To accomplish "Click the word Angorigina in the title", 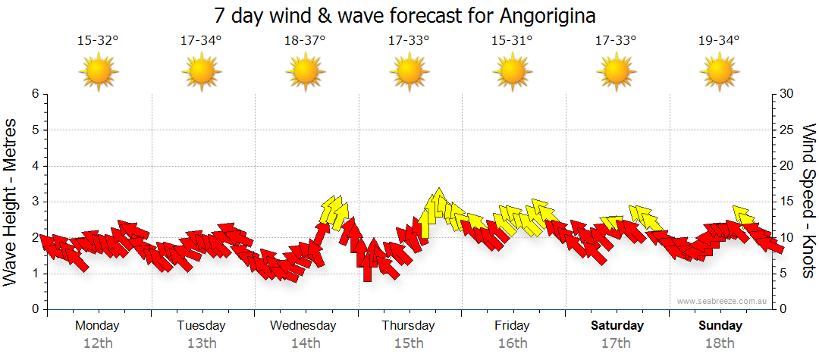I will point(548,15).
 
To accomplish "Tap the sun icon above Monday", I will point(99,72).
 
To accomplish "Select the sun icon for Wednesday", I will point(305,72).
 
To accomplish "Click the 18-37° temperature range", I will point(305,41).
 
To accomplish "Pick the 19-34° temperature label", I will point(718,41).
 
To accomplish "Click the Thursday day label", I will point(408,325).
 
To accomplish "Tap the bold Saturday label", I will point(617,325).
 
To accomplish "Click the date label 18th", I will point(720,343).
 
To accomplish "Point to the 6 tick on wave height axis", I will point(35,94).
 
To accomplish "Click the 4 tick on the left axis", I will point(35,166).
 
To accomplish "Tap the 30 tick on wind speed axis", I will point(787,94).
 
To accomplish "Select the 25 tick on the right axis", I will point(787,130).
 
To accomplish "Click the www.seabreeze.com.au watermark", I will point(723,301).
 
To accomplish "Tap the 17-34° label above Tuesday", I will point(201,41).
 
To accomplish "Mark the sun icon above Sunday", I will point(718,72).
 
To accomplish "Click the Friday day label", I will point(512,325).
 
